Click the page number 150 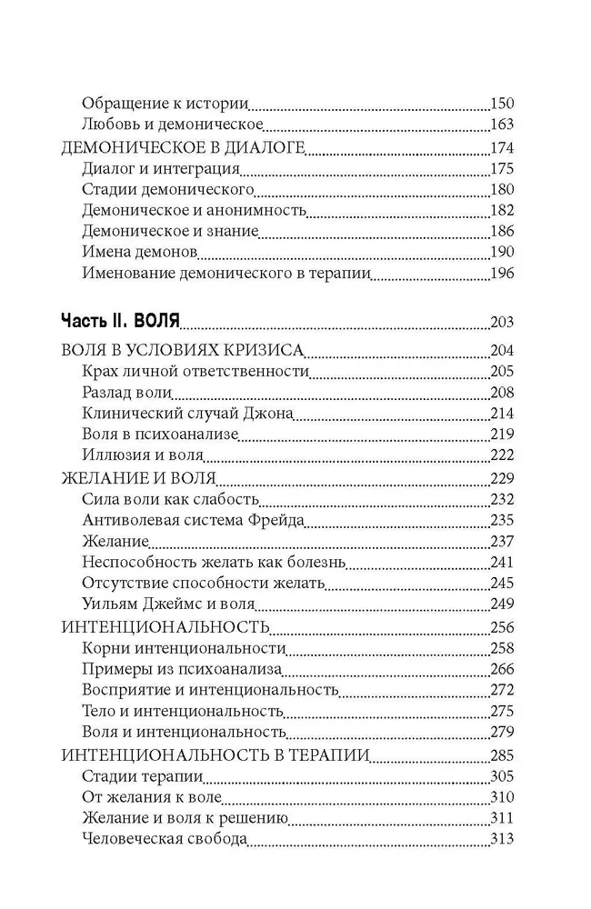pos(502,103)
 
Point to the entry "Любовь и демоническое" pos(172,124)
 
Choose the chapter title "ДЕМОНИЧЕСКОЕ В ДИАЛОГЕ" pos(181,148)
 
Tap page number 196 pos(502,273)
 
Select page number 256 pos(502,627)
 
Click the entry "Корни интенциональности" pos(184,649)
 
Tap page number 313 pos(502,839)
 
